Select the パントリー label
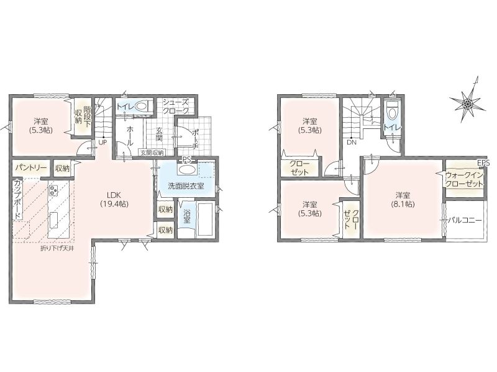pos(30,167)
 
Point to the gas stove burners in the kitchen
pos(53,190)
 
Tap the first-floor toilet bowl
pos(143,106)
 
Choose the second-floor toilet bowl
pos(393,113)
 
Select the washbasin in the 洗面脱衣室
pos(186,169)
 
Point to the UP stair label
pos(103,143)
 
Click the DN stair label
pos(352,143)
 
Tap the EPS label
pos(483,163)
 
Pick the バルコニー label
pos(465,220)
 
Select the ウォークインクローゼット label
pos(464,179)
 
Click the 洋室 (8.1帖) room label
pos(403,199)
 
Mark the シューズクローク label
pos(176,106)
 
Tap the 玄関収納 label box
pos(152,153)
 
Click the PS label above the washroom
pos(187,159)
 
